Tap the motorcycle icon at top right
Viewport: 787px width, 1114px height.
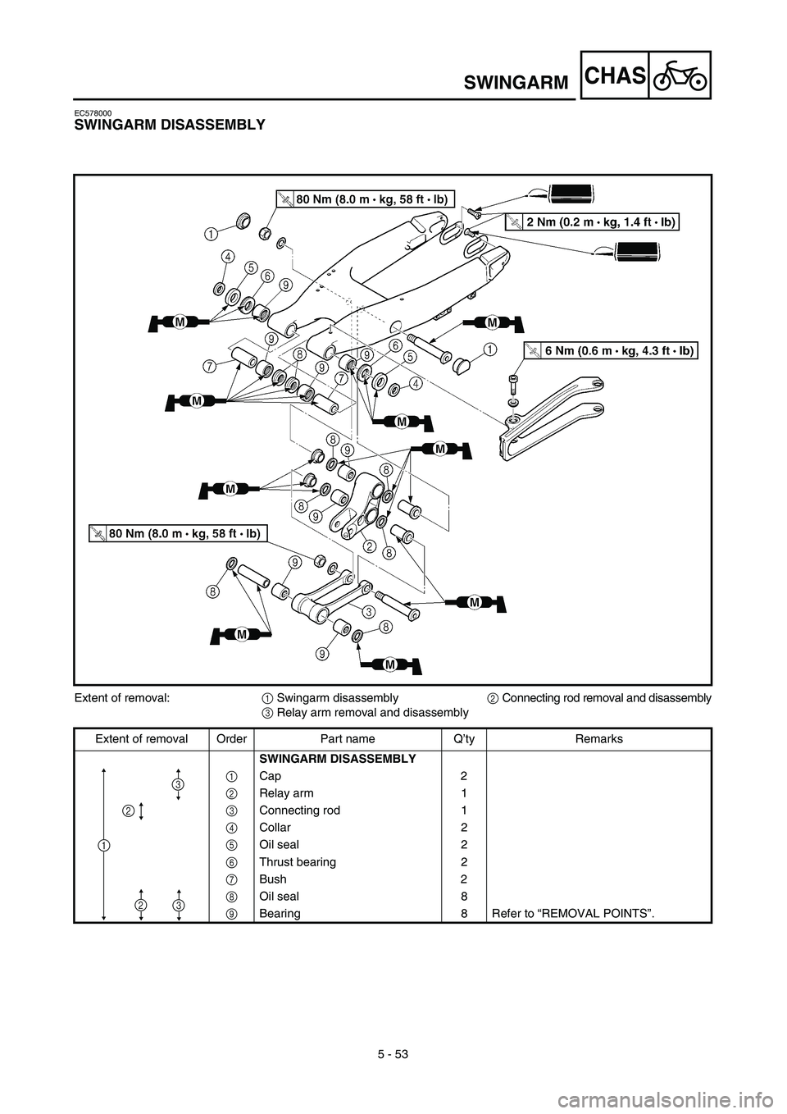tap(680, 75)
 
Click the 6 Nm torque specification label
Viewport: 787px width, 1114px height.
tap(610, 351)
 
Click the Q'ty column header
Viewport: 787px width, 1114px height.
tap(464, 739)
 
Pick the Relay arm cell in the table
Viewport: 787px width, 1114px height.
tap(286, 793)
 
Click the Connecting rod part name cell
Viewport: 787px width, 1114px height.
tap(299, 810)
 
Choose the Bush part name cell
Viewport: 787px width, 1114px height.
tap(273, 879)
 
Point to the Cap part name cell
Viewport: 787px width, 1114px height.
tap(270, 776)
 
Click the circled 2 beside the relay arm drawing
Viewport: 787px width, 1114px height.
tap(369, 546)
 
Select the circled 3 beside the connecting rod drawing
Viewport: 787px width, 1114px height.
tap(369, 611)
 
